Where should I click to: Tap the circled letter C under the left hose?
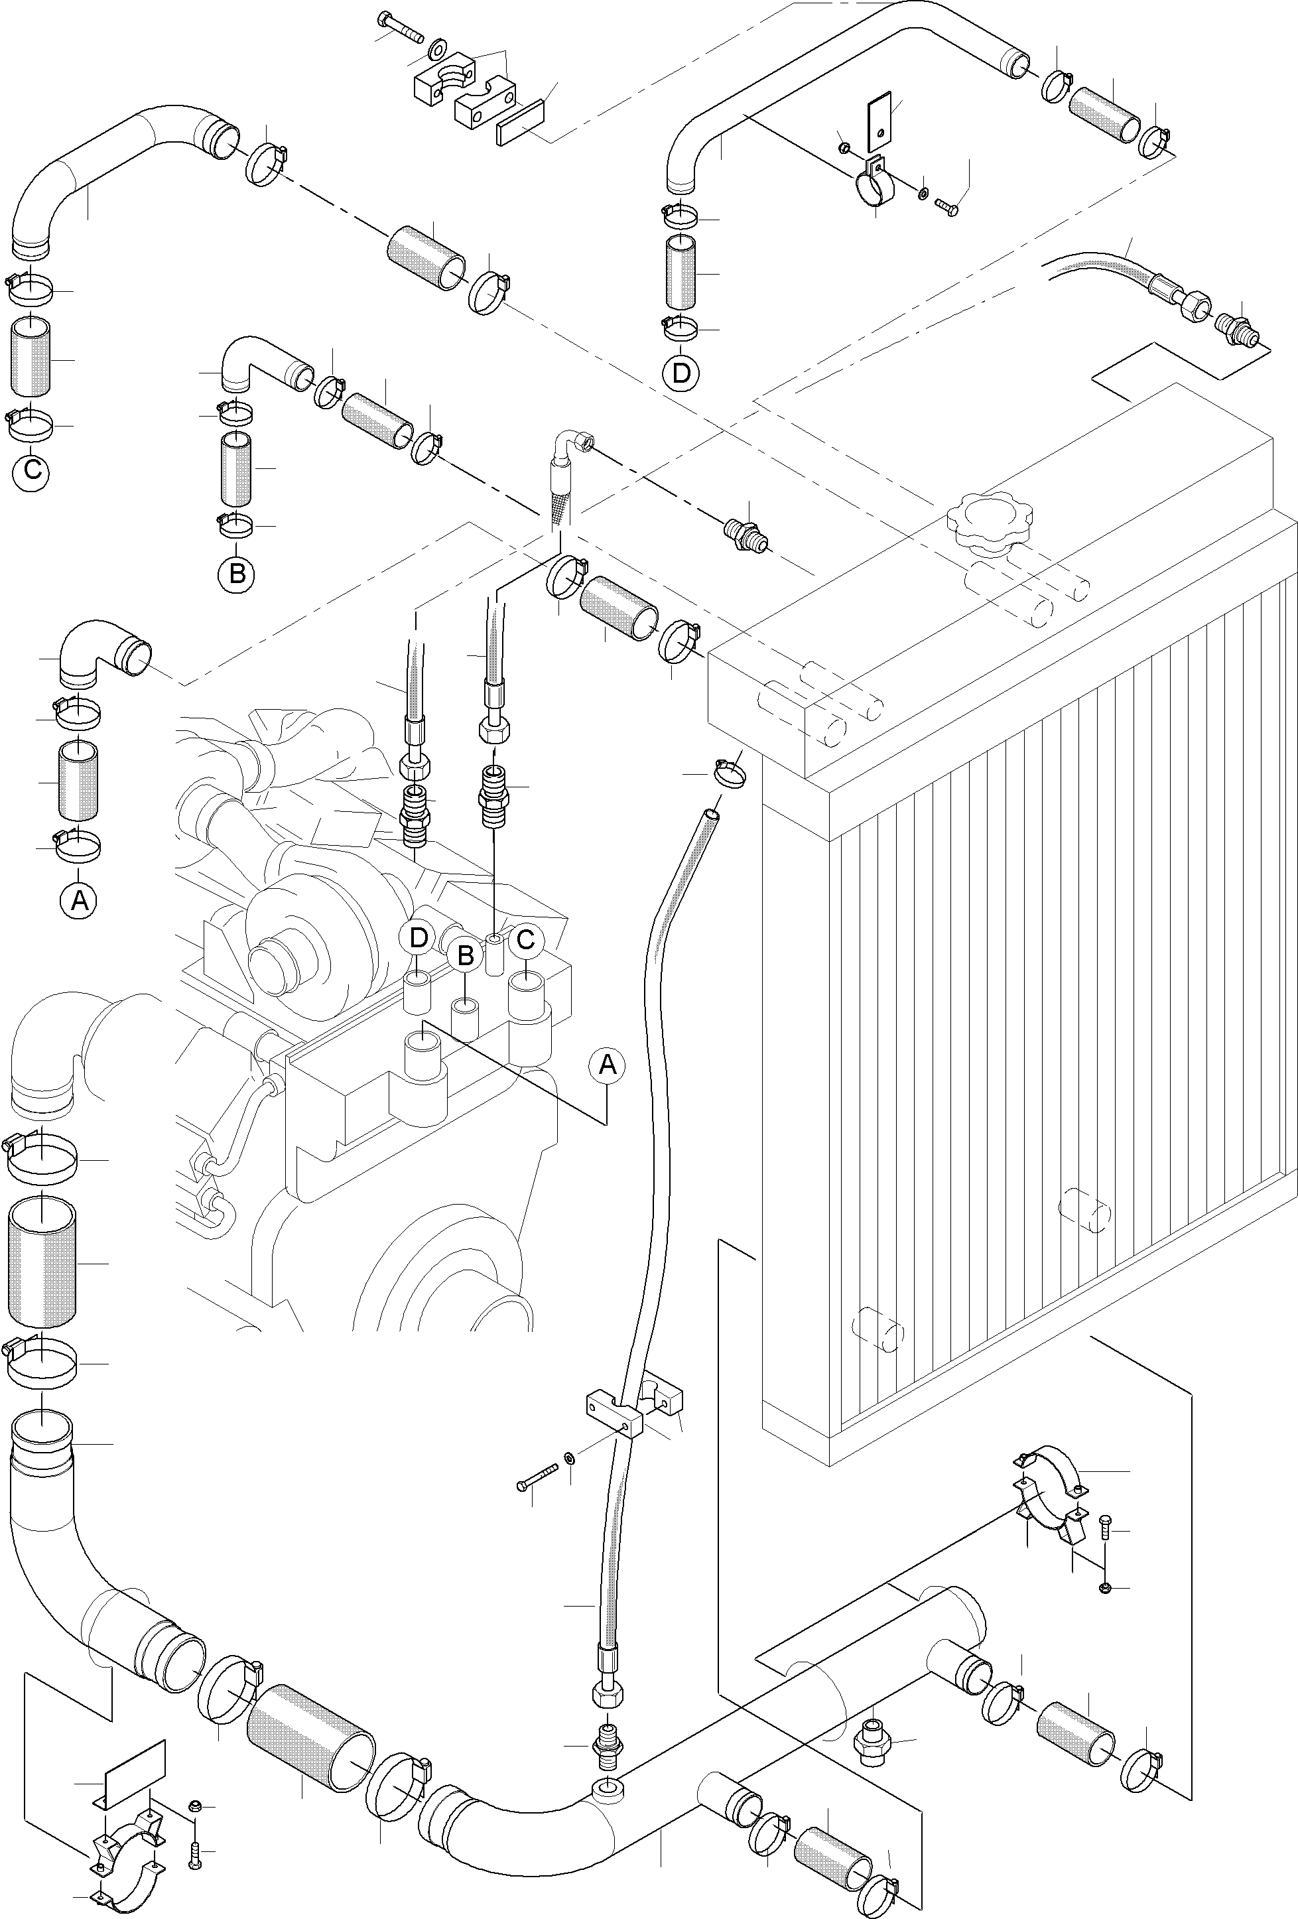31,471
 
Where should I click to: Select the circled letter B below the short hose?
237,573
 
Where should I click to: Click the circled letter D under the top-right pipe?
681,373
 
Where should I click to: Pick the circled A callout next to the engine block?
607,1065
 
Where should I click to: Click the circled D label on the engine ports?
419,938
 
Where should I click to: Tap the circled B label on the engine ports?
465,957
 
